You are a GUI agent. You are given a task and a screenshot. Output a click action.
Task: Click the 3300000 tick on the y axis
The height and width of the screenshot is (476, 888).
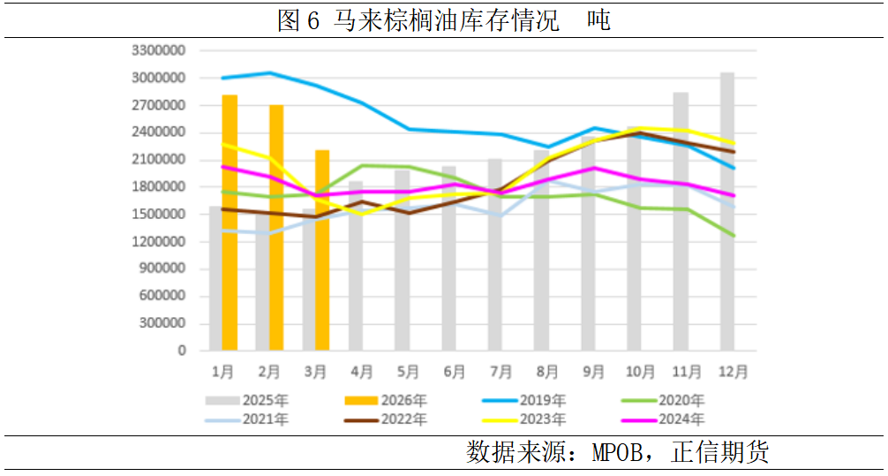(159, 51)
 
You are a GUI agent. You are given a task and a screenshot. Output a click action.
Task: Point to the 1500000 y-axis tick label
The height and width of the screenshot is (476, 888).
(159, 215)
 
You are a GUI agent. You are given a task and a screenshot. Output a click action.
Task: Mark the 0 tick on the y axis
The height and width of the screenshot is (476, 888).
(181, 351)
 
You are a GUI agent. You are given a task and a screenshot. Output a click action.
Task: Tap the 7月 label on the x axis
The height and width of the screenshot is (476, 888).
(500, 372)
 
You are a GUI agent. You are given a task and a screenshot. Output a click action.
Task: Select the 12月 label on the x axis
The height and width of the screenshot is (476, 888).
(731, 372)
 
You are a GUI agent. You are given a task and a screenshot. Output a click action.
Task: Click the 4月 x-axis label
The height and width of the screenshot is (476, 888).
(361, 372)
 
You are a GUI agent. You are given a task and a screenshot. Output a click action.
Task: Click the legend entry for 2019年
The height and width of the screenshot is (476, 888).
(541, 400)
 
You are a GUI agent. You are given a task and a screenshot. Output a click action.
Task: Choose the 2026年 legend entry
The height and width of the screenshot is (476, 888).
(403, 400)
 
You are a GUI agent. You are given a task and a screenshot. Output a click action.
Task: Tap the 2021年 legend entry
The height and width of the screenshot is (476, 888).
(264, 419)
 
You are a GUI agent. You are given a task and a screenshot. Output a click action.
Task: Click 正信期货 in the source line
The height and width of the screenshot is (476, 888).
(720, 453)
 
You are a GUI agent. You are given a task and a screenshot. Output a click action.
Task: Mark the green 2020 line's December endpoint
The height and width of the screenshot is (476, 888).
(734, 236)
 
